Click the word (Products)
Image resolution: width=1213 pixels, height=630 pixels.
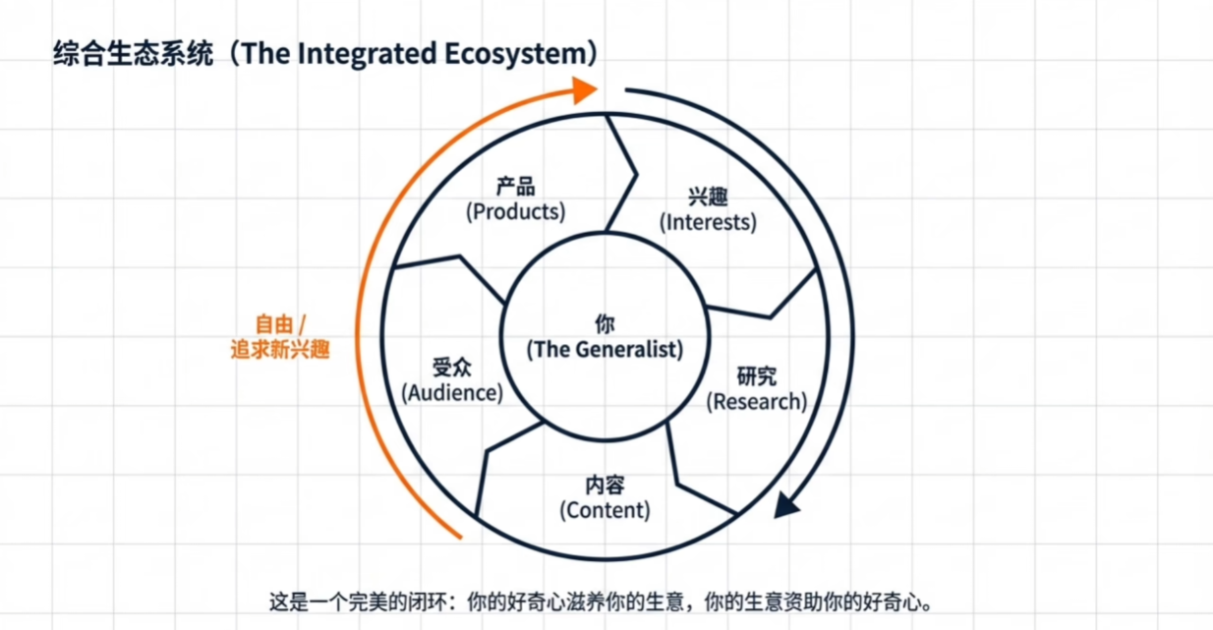pos(516,211)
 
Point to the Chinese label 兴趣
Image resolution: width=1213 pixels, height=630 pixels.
pos(708,197)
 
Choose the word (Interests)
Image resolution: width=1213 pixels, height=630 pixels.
pos(708,222)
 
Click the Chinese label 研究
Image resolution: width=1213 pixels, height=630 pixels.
pos(757,376)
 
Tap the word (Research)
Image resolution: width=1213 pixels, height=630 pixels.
pos(757,401)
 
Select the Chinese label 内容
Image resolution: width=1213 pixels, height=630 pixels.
pos(605,486)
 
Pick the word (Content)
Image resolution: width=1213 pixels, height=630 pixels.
pos(605,510)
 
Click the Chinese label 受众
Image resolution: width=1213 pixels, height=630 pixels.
pos(452,368)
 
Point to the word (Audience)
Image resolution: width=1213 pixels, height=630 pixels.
pos(452,392)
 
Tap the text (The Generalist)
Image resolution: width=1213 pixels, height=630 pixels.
pos(605,349)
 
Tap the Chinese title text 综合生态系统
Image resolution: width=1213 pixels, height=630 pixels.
pos(133,54)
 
